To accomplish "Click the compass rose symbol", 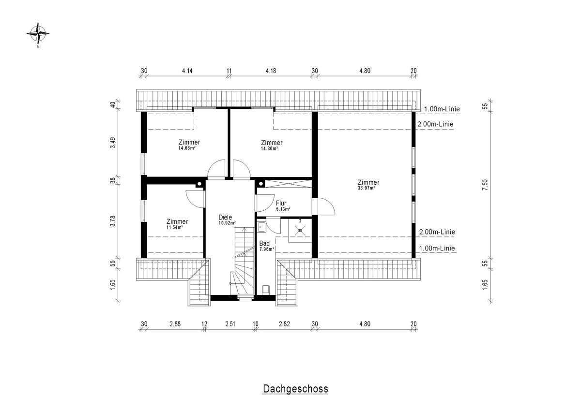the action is pos(38,34).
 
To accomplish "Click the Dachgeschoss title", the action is pos(295,389).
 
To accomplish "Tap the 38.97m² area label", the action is pos(367,188).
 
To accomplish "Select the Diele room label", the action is pos(225,217).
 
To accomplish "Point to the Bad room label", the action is pos(264,243).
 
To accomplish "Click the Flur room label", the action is pos(281,203).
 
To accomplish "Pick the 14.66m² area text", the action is pos(187,148).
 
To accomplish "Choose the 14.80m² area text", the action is pos(270,148).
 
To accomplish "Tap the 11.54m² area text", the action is pos(175,228).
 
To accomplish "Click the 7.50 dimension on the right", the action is pos(485,185).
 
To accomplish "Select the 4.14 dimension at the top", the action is pos(187,71).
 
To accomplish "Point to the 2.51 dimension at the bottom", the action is pos(230,324).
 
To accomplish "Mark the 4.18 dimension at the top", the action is pos(271,71).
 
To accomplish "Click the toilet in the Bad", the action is pos(266,290).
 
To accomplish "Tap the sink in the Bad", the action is pos(261,227).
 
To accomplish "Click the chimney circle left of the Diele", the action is pos(199,184).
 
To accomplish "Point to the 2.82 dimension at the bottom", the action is pos(284,324).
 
